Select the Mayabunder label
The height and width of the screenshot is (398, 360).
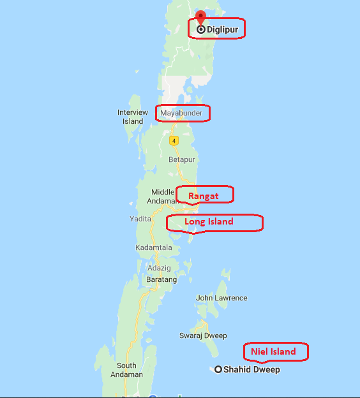click(x=182, y=114)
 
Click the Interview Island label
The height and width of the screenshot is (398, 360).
click(x=133, y=117)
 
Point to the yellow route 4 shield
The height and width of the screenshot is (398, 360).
click(x=173, y=140)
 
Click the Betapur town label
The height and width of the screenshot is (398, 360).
click(x=181, y=160)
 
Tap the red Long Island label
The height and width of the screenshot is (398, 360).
click(x=209, y=222)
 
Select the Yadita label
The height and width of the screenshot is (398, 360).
click(x=140, y=218)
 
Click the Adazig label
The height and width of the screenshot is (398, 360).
click(x=158, y=269)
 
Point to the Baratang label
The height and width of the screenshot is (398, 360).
click(x=161, y=279)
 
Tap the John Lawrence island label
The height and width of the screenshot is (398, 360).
click(x=221, y=298)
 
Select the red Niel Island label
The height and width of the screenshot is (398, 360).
click(x=273, y=351)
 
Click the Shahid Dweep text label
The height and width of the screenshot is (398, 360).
click(x=251, y=370)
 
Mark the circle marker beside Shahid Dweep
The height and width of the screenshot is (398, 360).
click(x=218, y=369)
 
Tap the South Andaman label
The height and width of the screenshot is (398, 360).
click(x=126, y=370)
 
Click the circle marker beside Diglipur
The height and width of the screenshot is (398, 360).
click(x=201, y=29)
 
